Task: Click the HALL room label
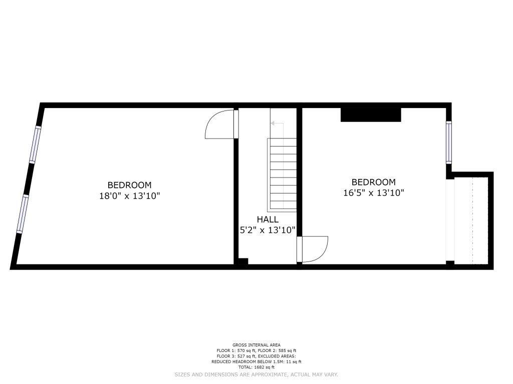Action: pyautogui.click(x=268, y=219)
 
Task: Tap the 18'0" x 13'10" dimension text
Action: pyautogui.click(x=130, y=196)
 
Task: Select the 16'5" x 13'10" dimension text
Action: pyautogui.click(x=374, y=193)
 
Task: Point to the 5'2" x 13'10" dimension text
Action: pyautogui.click(x=268, y=230)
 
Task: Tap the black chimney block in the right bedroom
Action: pyautogui.click(x=371, y=114)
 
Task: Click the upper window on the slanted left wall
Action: pyautogui.click(x=36, y=144)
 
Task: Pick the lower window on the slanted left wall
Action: pyautogui.click(x=23, y=214)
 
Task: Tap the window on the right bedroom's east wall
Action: pyautogui.click(x=449, y=142)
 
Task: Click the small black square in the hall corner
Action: pyautogui.click(x=243, y=261)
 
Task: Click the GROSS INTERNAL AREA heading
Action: pyautogui.click(x=256, y=345)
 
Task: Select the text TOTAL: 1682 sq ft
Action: pyautogui.click(x=256, y=367)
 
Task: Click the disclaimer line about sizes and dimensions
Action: pyautogui.click(x=256, y=374)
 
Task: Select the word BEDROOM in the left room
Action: pyautogui.click(x=130, y=185)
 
